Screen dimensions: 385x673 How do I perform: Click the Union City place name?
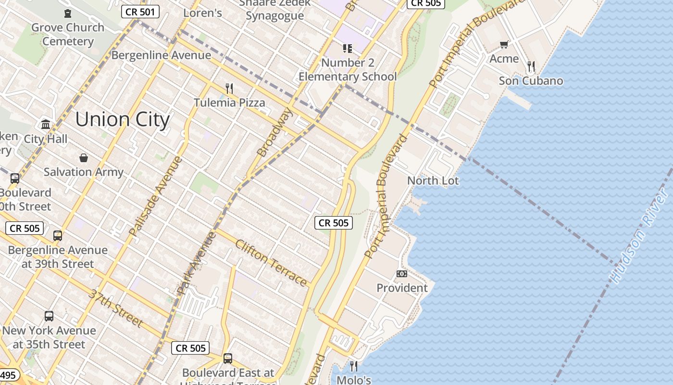123,119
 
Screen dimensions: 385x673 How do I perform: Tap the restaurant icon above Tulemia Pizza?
229,89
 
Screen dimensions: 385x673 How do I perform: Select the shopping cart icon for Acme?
504,45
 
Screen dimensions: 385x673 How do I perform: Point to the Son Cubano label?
531,81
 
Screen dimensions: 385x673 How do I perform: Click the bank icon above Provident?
402,274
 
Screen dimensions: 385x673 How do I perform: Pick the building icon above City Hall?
46,125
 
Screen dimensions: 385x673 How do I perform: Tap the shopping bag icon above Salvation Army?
84,158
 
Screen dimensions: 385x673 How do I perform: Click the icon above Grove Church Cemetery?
68,13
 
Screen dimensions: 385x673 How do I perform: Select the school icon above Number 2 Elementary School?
348,48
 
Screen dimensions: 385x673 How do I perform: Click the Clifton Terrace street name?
271,262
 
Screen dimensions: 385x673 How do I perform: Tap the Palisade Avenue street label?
156,196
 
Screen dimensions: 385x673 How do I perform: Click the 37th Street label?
115,308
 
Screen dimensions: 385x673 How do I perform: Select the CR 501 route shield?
140,12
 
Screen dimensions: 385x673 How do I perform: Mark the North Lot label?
433,181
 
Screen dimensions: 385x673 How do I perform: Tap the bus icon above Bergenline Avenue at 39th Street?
58,236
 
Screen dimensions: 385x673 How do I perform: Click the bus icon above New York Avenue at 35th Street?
49,316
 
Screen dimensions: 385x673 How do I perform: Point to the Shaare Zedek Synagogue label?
274,10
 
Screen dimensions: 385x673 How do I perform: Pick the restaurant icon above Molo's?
354,366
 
